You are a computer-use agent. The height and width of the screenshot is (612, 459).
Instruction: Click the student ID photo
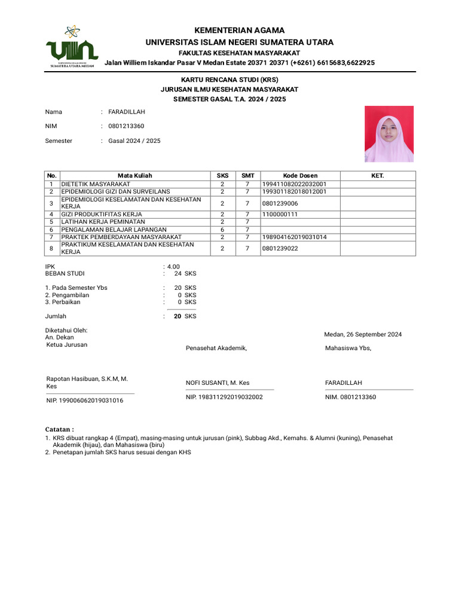(x=389, y=134)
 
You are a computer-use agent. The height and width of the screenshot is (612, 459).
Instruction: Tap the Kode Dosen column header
(x=300, y=176)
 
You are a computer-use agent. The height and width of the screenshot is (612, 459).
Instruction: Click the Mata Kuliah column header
(x=134, y=176)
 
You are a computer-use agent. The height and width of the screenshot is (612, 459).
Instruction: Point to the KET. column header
(x=378, y=176)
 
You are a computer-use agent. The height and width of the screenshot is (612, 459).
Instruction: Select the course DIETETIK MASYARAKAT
(x=96, y=183)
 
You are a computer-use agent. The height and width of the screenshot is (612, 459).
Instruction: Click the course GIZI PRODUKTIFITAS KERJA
(x=102, y=214)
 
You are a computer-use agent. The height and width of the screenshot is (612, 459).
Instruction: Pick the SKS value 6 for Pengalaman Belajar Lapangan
(x=222, y=229)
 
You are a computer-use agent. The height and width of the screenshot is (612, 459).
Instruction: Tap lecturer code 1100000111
(x=280, y=214)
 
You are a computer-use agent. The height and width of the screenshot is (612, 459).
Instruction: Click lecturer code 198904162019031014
(x=294, y=237)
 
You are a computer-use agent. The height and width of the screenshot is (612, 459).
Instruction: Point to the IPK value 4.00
(x=173, y=267)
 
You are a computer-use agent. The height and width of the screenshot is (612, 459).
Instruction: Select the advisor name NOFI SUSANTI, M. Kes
(x=218, y=382)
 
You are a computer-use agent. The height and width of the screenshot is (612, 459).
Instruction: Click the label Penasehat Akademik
(x=216, y=348)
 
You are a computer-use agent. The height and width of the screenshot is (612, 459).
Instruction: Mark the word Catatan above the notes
(x=59, y=429)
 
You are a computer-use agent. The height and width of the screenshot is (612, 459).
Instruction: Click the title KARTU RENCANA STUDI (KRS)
(x=230, y=79)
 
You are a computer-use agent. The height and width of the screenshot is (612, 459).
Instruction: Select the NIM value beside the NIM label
(x=126, y=126)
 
